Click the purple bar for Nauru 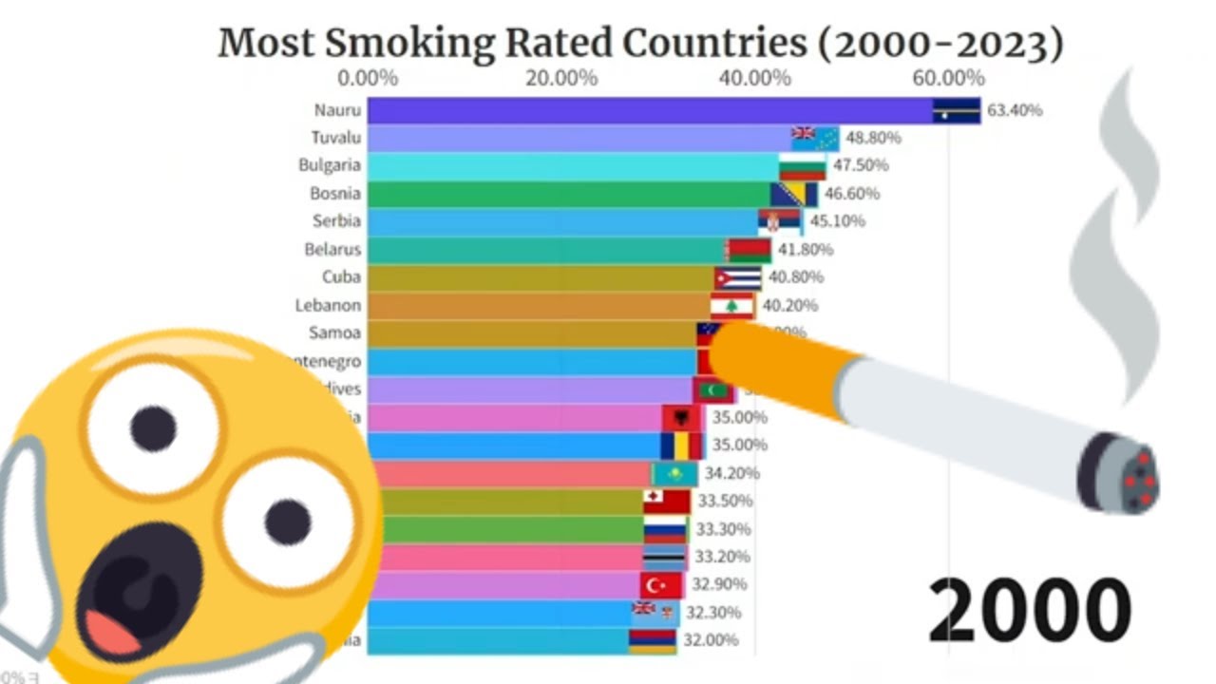click(646, 110)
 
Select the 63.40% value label click(1015, 110)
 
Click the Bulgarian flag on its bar click(802, 166)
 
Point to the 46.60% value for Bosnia click(851, 194)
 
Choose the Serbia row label click(336, 221)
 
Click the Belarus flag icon click(749, 250)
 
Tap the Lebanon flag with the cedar click(732, 306)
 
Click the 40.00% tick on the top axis click(754, 78)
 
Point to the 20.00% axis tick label click(560, 78)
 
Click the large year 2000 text click(1029, 610)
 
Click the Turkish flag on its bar click(661, 584)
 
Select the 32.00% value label click(711, 640)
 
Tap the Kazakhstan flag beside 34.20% click(675, 473)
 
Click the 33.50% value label click(725, 501)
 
